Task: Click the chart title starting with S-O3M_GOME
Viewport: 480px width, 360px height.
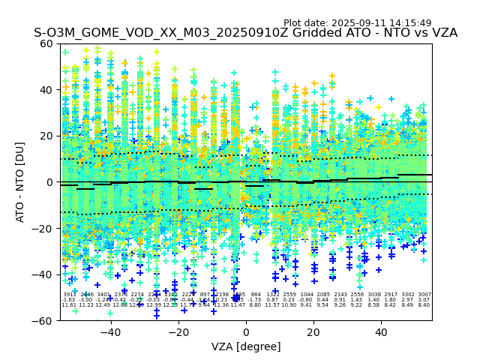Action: pyautogui.click(x=245, y=34)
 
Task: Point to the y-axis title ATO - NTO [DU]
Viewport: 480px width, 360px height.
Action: pyautogui.click(x=21, y=181)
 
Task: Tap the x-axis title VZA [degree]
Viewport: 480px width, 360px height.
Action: pyautogui.click(x=246, y=346)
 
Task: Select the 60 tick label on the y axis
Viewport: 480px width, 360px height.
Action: pyautogui.click(x=46, y=43)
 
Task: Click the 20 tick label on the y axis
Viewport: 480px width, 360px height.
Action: pyautogui.click(x=46, y=136)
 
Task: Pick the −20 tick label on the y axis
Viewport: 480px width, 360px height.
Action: pyautogui.click(x=43, y=228)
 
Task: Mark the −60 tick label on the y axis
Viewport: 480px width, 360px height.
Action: pyautogui.click(x=43, y=320)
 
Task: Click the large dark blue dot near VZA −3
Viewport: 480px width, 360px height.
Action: pyautogui.click(x=236, y=298)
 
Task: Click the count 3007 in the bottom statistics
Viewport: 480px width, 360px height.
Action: pyautogui.click(x=424, y=295)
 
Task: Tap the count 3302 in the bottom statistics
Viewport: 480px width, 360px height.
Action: pyautogui.click(x=408, y=295)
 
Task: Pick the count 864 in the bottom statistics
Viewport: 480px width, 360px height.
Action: pyautogui.click(x=256, y=295)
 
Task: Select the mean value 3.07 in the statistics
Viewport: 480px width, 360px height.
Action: pyautogui.click(x=424, y=300)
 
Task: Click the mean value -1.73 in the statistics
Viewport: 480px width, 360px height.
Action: pyautogui.click(x=256, y=300)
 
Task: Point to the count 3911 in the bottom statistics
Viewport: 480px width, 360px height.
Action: pyautogui.click(x=70, y=295)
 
